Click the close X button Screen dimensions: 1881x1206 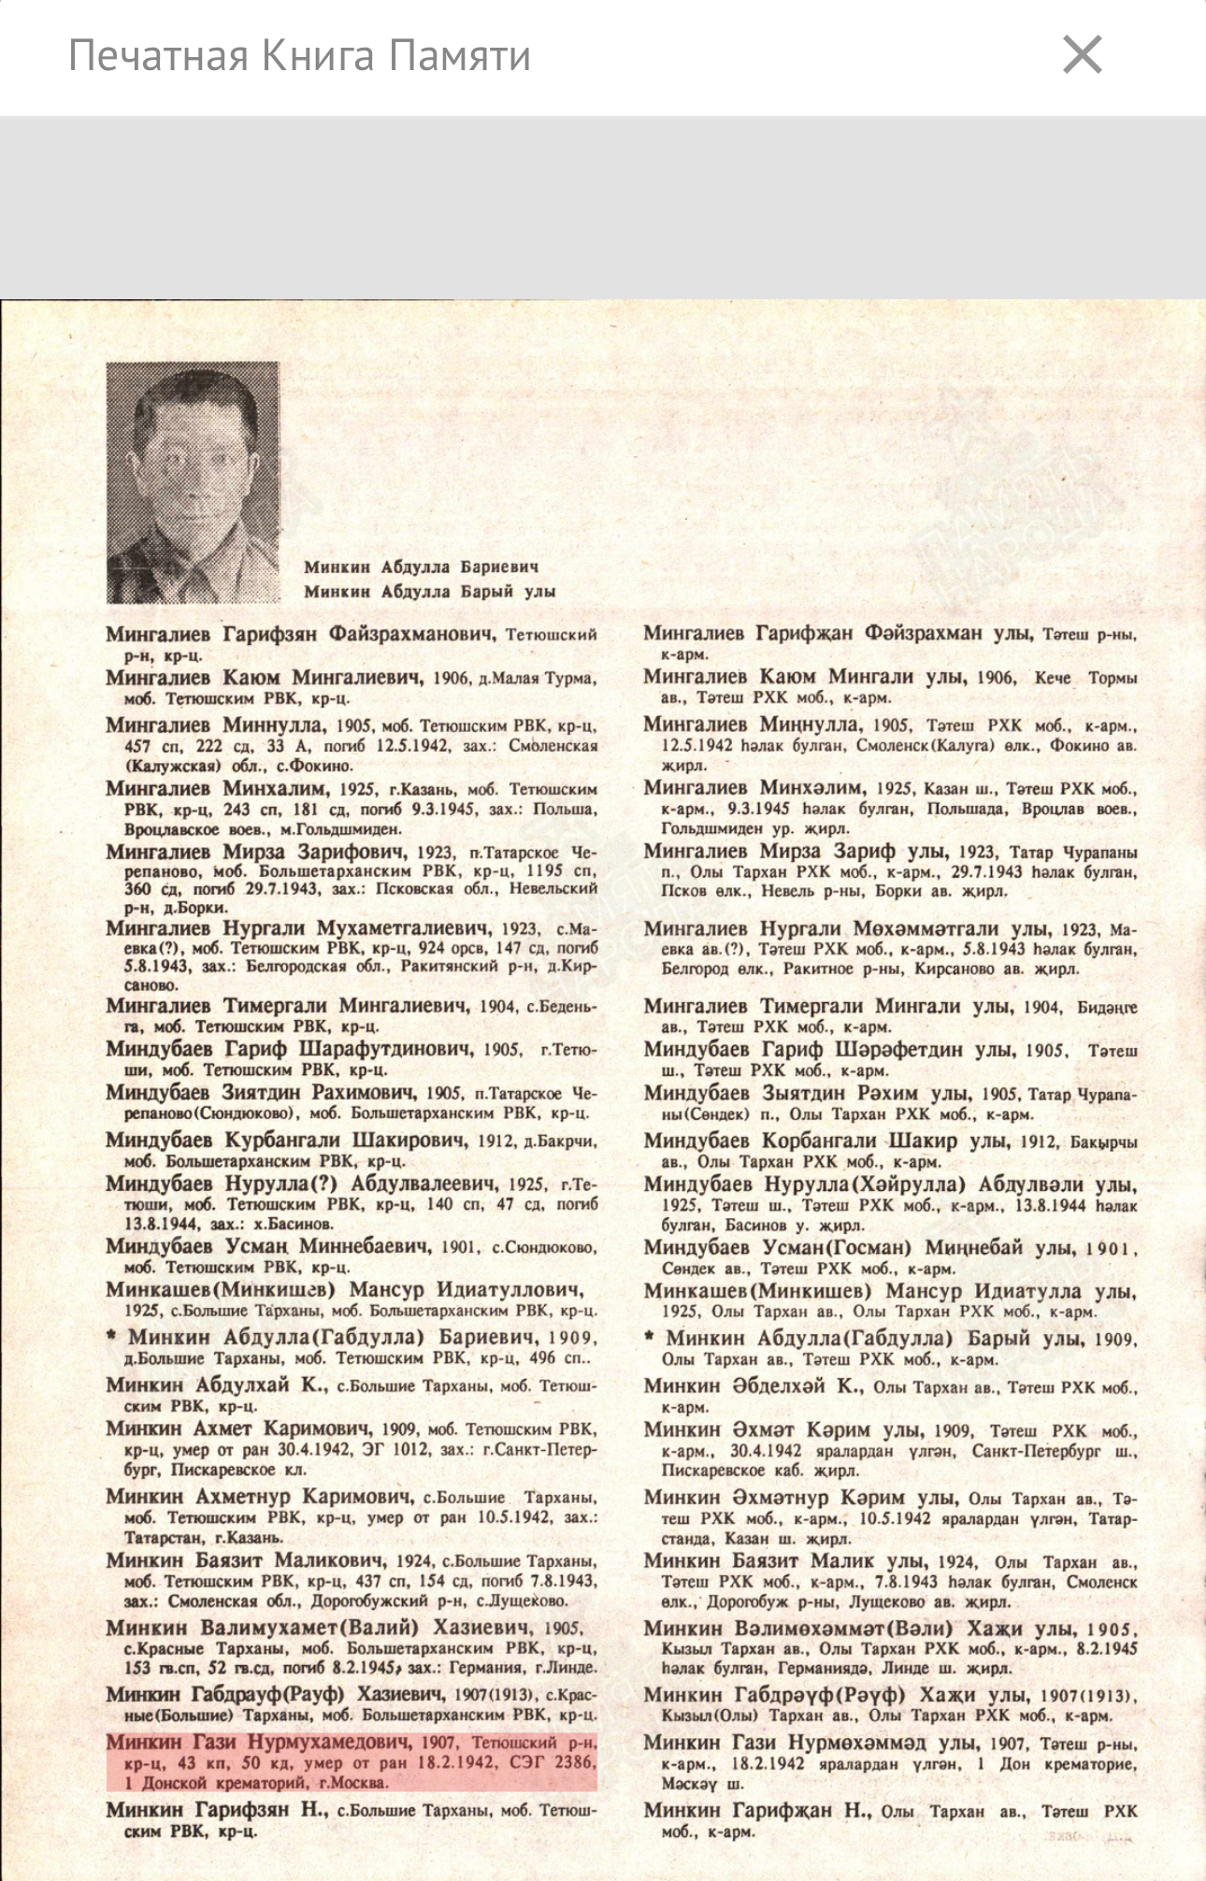click(x=1082, y=54)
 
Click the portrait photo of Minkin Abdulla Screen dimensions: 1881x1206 click(x=193, y=482)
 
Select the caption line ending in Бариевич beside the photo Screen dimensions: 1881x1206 click(x=421, y=567)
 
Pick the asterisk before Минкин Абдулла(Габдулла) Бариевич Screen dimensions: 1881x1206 click(x=111, y=1336)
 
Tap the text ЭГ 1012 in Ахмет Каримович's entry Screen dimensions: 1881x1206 click(x=386, y=1450)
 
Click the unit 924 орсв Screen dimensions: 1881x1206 click(x=455, y=947)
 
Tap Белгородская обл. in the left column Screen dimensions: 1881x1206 click(x=319, y=967)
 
